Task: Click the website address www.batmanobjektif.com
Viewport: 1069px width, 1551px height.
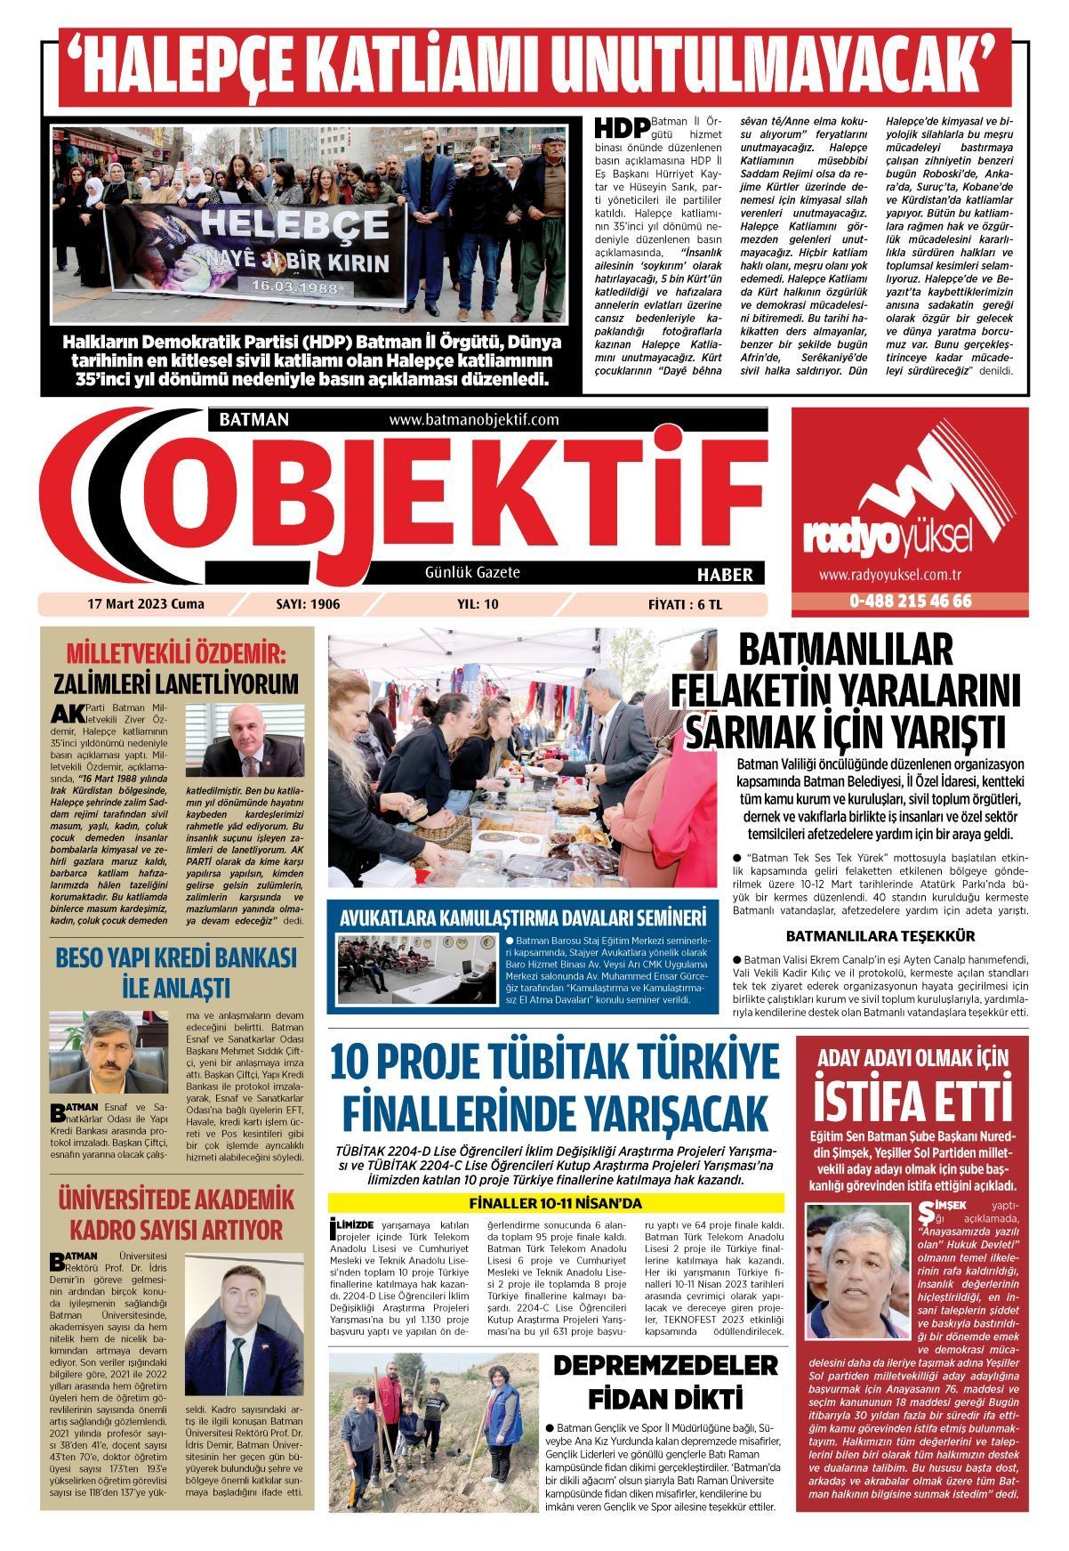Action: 473,419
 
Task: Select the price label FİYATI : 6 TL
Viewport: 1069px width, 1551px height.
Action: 685,604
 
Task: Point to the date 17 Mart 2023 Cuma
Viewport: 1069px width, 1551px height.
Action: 146,604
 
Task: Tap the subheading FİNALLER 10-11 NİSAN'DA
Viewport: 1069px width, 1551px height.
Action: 555,1204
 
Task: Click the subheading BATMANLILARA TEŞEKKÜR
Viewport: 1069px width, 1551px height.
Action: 880,936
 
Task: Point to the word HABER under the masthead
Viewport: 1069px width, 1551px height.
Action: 724,574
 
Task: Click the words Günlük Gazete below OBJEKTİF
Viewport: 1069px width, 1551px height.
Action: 472,572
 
